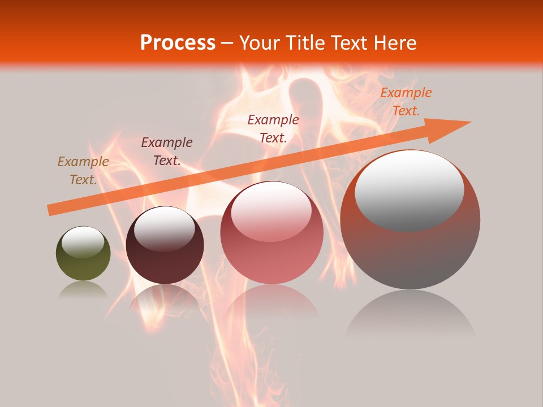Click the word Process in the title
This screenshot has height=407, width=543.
click(178, 43)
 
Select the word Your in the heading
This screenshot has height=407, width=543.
click(260, 43)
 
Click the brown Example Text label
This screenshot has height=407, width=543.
click(83, 171)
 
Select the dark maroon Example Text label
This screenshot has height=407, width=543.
click(167, 151)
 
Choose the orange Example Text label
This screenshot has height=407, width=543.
click(406, 102)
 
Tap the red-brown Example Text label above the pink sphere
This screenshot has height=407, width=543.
click(273, 128)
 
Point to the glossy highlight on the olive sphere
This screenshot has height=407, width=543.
click(83, 242)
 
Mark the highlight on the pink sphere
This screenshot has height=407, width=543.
click(271, 211)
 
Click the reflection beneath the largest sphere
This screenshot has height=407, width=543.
click(410, 317)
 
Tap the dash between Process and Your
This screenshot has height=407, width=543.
click(227, 44)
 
